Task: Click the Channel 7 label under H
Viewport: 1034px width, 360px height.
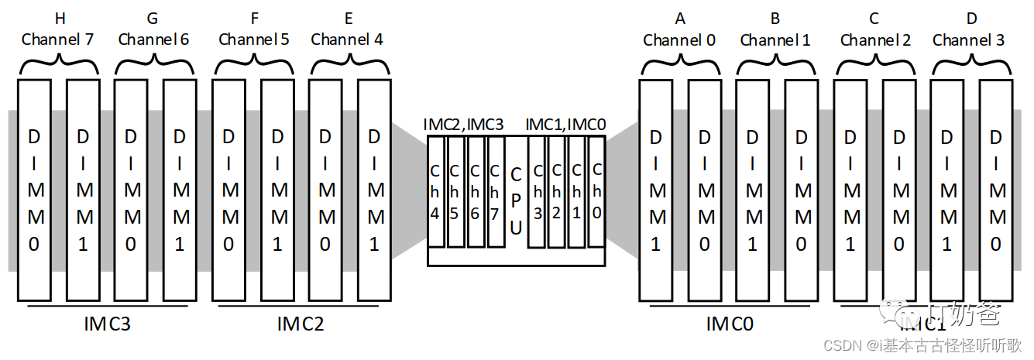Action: tap(57, 39)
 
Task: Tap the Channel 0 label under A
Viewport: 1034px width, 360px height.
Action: tap(679, 39)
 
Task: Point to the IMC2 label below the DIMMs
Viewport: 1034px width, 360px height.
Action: tap(300, 324)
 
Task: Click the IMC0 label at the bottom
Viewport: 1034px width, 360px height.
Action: tap(730, 324)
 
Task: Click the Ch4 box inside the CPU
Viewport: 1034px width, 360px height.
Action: tap(436, 191)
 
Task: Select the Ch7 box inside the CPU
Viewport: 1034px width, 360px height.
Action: tap(496, 191)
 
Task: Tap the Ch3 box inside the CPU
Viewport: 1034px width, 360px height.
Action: tap(536, 191)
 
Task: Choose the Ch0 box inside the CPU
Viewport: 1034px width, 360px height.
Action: tap(596, 191)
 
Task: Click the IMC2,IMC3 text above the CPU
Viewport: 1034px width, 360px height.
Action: tap(463, 124)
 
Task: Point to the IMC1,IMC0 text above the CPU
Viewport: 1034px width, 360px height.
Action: tap(565, 124)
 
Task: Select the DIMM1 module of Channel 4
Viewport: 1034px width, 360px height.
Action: tap(374, 190)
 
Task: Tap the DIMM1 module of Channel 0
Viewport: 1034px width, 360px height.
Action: tap(655, 190)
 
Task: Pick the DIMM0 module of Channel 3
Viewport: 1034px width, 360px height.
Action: tap(996, 190)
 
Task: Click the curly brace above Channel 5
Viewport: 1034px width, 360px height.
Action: tap(252, 65)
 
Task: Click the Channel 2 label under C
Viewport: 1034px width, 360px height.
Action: tap(875, 39)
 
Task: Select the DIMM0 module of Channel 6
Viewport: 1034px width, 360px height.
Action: tap(132, 190)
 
